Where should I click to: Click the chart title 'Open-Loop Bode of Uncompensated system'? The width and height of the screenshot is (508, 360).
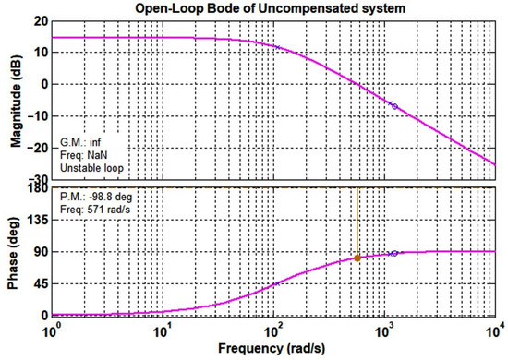tap(273, 9)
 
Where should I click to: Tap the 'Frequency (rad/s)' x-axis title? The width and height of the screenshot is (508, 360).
tap(274, 349)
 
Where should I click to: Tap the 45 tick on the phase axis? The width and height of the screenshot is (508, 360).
tap(37, 283)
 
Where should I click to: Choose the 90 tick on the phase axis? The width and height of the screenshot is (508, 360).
tap(37, 251)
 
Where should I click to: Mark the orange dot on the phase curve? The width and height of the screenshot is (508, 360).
tap(357, 258)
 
